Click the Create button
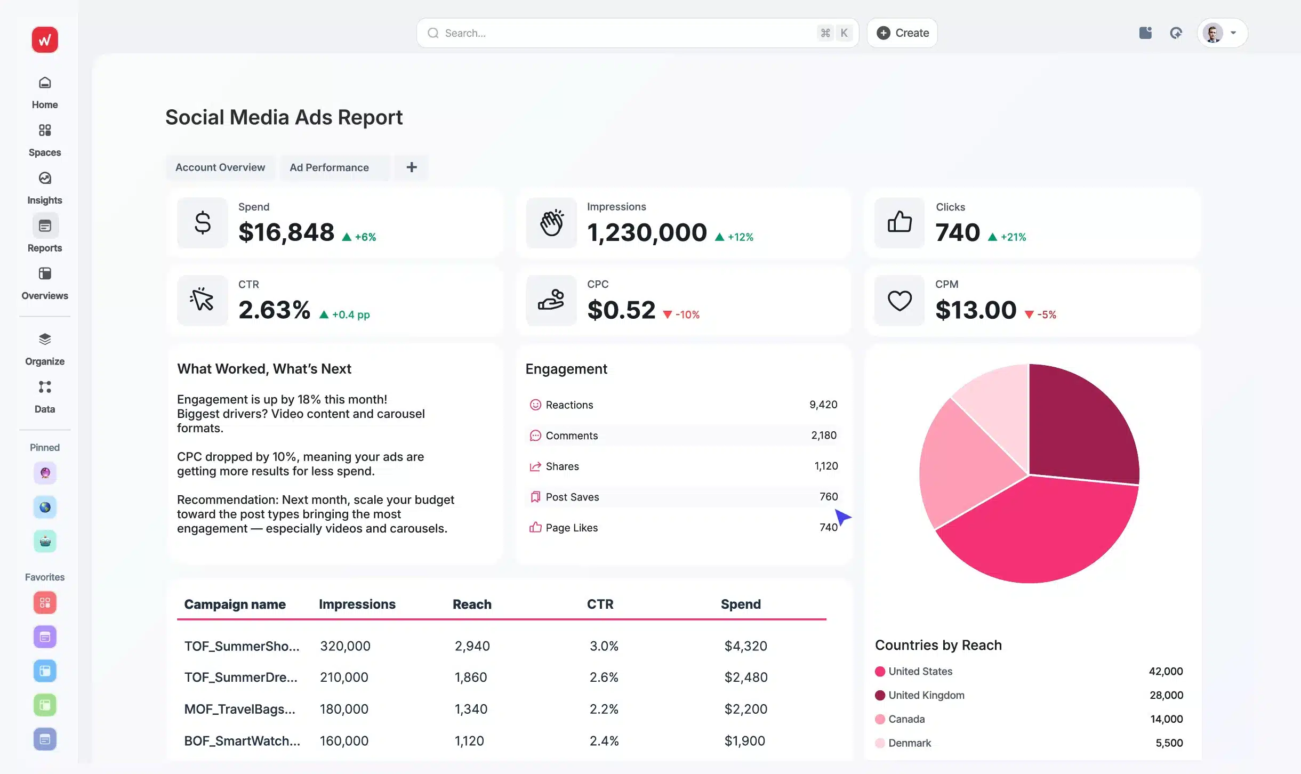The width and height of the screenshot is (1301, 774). pyautogui.click(x=902, y=33)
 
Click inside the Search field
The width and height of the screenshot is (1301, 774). pyautogui.click(x=613, y=33)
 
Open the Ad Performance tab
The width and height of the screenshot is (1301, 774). pyautogui.click(x=329, y=167)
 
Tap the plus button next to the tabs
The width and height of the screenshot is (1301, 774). pyautogui.click(x=411, y=167)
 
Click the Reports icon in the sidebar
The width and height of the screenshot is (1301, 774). pyautogui.click(x=45, y=226)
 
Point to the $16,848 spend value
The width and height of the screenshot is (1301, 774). pyautogui.click(x=286, y=232)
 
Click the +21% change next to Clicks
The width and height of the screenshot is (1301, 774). pyautogui.click(x=1013, y=237)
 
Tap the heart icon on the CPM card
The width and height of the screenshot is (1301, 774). pyautogui.click(x=899, y=301)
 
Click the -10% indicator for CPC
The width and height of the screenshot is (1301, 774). pyautogui.click(x=687, y=315)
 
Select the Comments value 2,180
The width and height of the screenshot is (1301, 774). pyautogui.click(x=823, y=436)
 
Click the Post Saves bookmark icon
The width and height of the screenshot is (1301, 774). pyautogui.click(x=535, y=497)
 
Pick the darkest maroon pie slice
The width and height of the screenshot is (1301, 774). pyautogui.click(x=1082, y=426)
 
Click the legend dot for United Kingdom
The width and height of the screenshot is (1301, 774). pyautogui.click(x=880, y=695)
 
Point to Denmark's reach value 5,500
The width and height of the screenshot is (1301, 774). pyautogui.click(x=1169, y=743)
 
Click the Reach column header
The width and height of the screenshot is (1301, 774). pyautogui.click(x=472, y=604)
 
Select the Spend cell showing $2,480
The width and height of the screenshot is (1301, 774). pyautogui.click(x=745, y=677)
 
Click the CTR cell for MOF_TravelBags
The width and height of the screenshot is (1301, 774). pyautogui.click(x=604, y=709)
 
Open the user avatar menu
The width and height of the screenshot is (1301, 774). pyautogui.click(x=1222, y=33)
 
